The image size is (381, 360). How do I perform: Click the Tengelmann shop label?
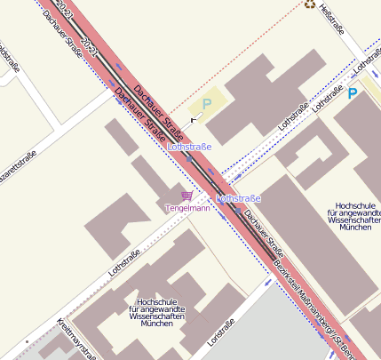coord(187,208)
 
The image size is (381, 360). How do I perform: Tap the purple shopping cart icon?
coord(187,196)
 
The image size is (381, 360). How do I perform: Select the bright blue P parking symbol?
coord(353,92)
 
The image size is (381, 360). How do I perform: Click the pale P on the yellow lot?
coord(208,103)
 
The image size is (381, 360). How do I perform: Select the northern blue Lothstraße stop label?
coord(189,145)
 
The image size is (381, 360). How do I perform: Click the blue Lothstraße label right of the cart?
coord(238,198)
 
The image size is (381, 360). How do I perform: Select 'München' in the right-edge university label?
coord(355,228)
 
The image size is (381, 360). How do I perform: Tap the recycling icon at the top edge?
coord(309,4)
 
